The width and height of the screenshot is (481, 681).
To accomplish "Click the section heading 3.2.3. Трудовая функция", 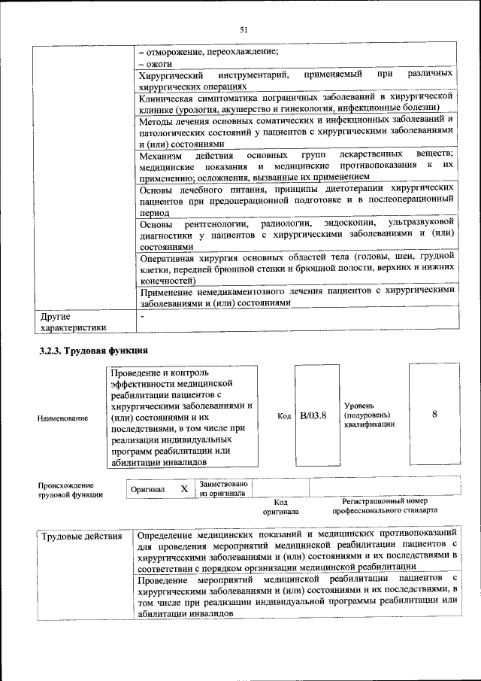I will pyautogui.click(x=93, y=351).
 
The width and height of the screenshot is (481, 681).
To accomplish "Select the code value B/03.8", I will pyautogui.click(x=313, y=416).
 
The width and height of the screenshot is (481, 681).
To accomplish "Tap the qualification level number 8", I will pyautogui.click(x=434, y=415).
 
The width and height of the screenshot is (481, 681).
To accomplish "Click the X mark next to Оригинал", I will pyautogui.click(x=183, y=489).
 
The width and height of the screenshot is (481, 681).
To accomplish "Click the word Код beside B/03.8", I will pyautogui.click(x=284, y=416).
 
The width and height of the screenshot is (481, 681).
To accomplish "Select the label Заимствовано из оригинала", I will pyautogui.click(x=223, y=488).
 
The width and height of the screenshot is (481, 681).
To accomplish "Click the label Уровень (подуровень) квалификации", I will pyautogui.click(x=368, y=415).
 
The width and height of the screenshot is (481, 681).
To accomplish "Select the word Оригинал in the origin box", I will pyautogui.click(x=147, y=489).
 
